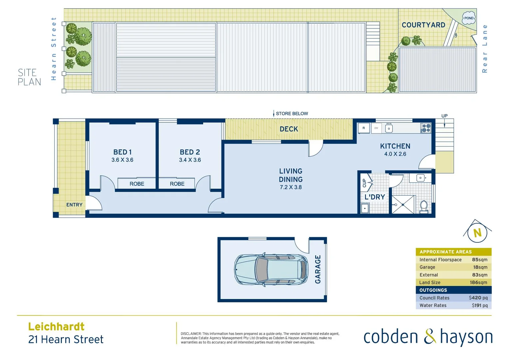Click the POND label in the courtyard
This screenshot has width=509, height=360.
[x=469, y=18]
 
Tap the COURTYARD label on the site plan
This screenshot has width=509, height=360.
[x=423, y=25]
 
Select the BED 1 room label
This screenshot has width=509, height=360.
[x=122, y=152]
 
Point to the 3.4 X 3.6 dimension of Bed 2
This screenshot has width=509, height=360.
[x=190, y=160]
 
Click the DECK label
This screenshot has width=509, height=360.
[x=289, y=129]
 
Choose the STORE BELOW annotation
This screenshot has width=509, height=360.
[x=291, y=114]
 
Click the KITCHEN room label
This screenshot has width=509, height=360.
[x=395, y=146]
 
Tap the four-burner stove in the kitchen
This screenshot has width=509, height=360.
[x=426, y=128]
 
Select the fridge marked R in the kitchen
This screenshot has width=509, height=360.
[x=364, y=128]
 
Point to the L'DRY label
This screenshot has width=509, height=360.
[x=374, y=197]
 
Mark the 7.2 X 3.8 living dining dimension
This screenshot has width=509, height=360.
[x=290, y=187]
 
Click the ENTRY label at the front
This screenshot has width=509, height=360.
[x=74, y=205]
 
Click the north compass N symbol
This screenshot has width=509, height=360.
[x=477, y=233]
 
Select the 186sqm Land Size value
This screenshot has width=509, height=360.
[x=478, y=282]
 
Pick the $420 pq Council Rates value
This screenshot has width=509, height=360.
[x=478, y=298]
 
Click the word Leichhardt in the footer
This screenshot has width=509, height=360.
[x=56, y=326]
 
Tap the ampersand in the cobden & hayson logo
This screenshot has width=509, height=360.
[x=430, y=336]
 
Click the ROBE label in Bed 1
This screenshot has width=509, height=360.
[x=137, y=184]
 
